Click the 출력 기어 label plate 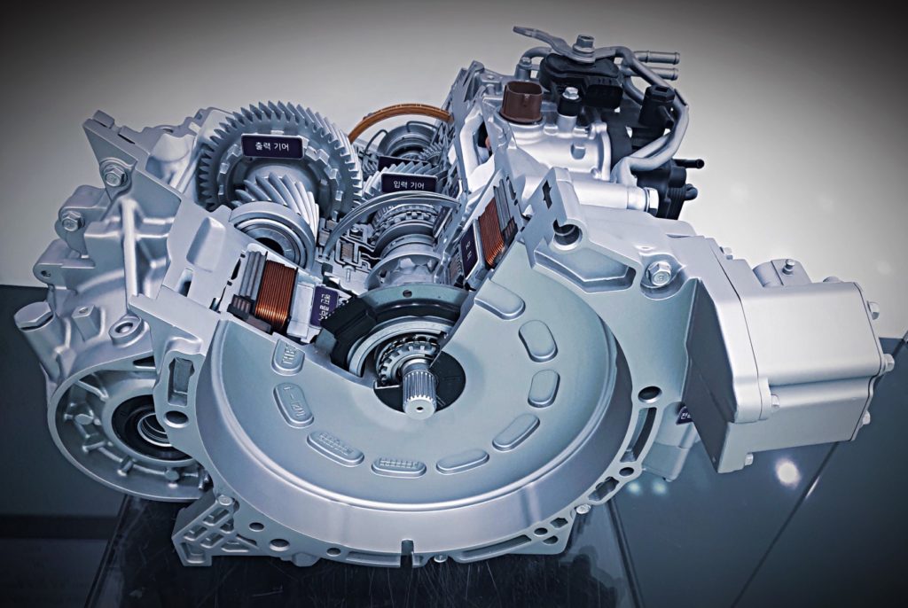pyautogui.click(x=271, y=144)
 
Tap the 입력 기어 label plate pyautogui.click(x=409, y=183)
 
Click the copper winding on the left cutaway pyautogui.click(x=276, y=295)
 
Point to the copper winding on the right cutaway pyautogui.click(x=490, y=233)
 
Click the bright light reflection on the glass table pyautogui.click(x=787, y=472)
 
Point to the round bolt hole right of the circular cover pyautogui.click(x=650, y=393)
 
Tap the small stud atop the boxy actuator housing pyautogui.click(x=787, y=265)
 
